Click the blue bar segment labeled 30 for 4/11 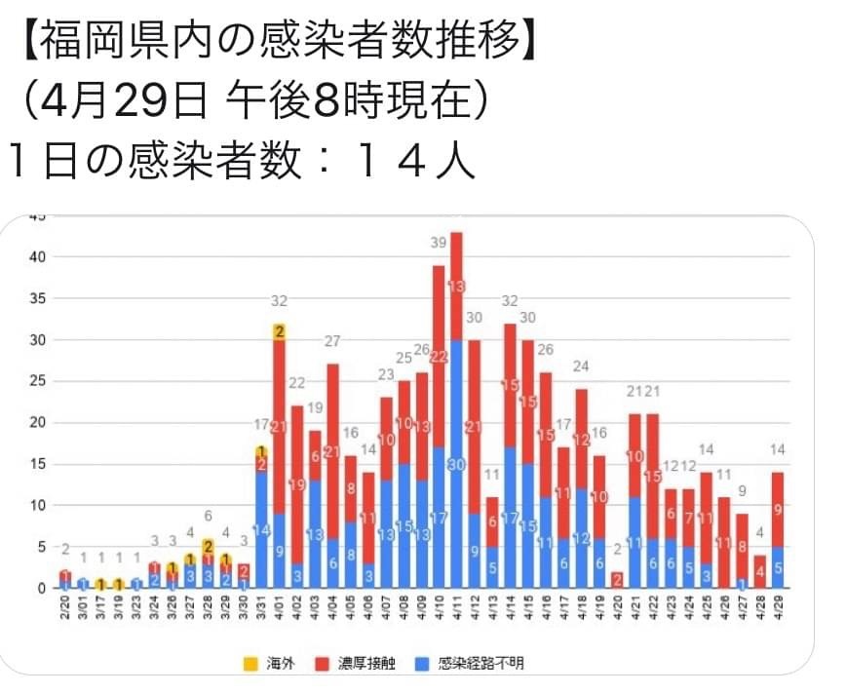click(x=456, y=464)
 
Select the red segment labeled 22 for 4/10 click(x=439, y=356)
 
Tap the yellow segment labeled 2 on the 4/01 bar click(x=280, y=331)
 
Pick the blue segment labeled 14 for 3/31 click(x=261, y=530)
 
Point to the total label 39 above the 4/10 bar click(x=439, y=243)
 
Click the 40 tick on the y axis click(x=37, y=257)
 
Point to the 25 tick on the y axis click(x=37, y=381)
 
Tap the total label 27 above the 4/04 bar click(x=332, y=341)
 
